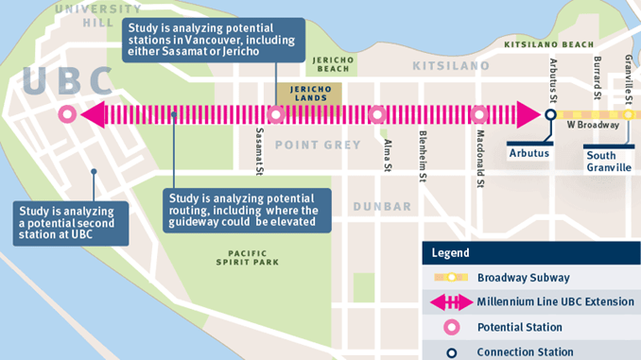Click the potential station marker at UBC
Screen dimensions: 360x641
pos(66,115)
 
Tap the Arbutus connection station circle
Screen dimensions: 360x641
pos(550,115)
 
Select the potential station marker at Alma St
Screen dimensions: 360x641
pos(377,115)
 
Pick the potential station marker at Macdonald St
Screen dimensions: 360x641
pos(478,115)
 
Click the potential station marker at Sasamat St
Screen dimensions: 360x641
pos(276,115)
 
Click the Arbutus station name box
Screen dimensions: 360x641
pos(529,152)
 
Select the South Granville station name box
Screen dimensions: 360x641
pos(608,161)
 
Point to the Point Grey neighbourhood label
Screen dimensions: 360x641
pos(318,145)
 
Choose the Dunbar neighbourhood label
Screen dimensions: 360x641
pos(381,206)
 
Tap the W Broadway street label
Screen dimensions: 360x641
pos(593,124)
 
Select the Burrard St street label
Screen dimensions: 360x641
pos(598,77)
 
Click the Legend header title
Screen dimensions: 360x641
pos(450,253)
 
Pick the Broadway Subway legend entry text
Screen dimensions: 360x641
pos(524,278)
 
